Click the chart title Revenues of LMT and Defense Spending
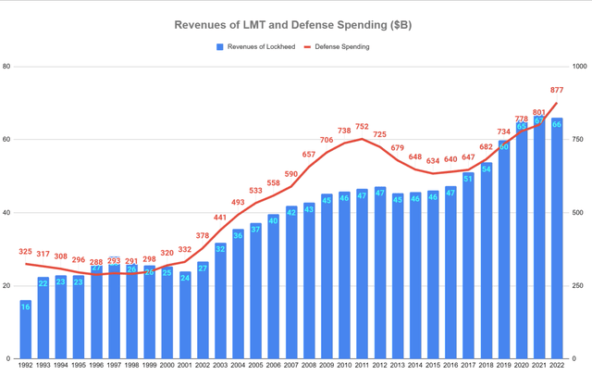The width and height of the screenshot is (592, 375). click(x=296, y=25)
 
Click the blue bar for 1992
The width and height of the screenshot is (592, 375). click(x=25, y=330)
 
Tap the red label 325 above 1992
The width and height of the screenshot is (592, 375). click(x=25, y=251)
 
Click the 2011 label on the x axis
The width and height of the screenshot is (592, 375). click(x=362, y=366)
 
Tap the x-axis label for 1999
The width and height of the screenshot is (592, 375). click(x=150, y=366)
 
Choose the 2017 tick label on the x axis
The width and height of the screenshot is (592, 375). click(x=468, y=366)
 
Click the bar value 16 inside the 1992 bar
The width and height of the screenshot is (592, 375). click(x=25, y=307)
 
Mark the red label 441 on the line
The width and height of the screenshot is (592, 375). click(x=221, y=218)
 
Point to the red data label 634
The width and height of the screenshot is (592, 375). click(x=433, y=161)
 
